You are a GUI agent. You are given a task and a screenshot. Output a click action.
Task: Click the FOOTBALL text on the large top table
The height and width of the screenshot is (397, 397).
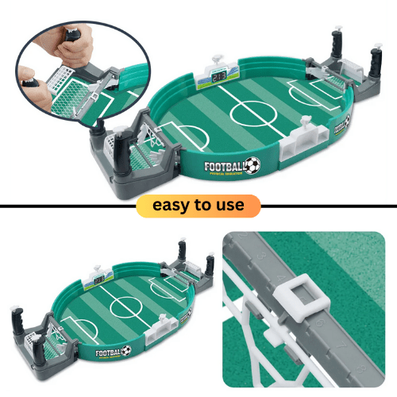[224, 167]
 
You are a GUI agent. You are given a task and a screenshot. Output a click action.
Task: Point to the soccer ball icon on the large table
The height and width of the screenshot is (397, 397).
[252, 166]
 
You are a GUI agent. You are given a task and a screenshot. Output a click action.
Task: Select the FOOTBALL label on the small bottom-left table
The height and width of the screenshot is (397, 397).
[111, 351]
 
